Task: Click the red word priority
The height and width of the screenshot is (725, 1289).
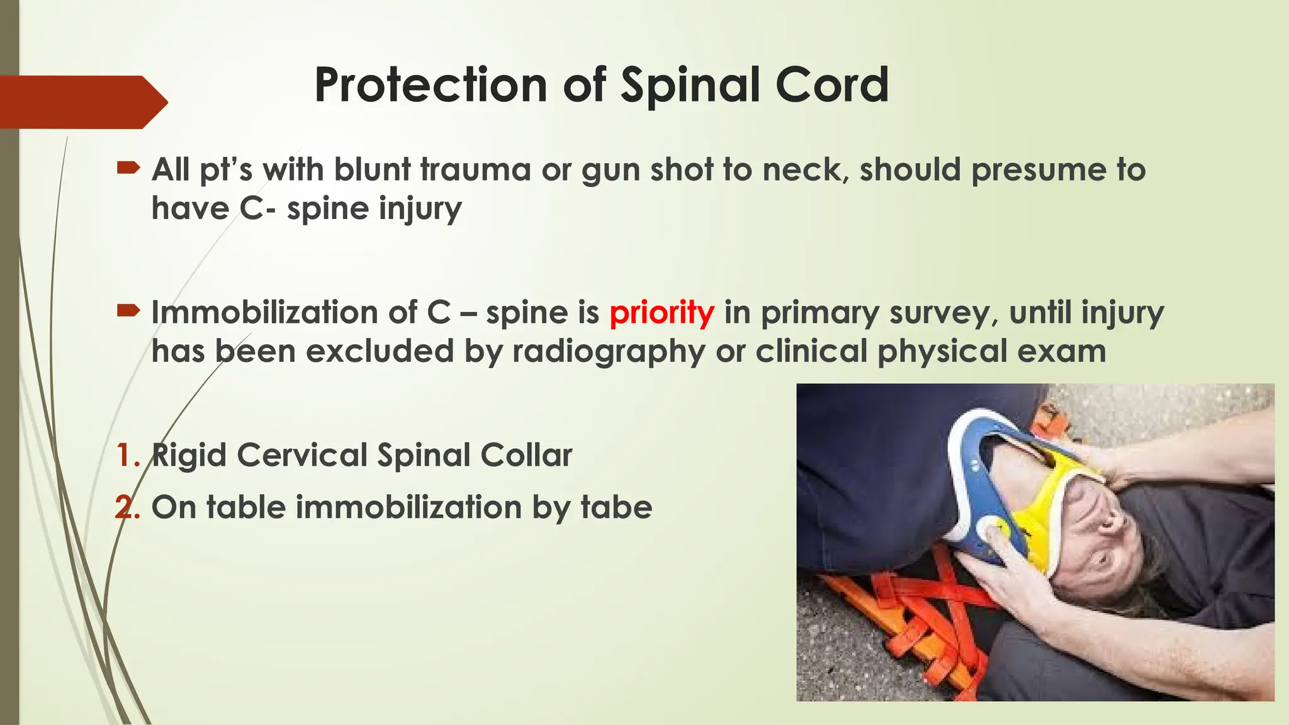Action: [661, 312]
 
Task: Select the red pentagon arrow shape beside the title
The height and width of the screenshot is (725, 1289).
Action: [82, 102]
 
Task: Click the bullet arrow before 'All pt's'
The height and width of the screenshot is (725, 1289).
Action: [128, 167]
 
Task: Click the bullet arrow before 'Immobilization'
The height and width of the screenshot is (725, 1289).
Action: [128, 310]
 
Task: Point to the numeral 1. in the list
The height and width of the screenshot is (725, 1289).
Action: [128, 455]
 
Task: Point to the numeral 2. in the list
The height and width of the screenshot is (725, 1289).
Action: [128, 507]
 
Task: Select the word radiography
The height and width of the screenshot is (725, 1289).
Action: [609, 351]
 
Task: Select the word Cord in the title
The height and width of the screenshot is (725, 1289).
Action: [831, 86]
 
